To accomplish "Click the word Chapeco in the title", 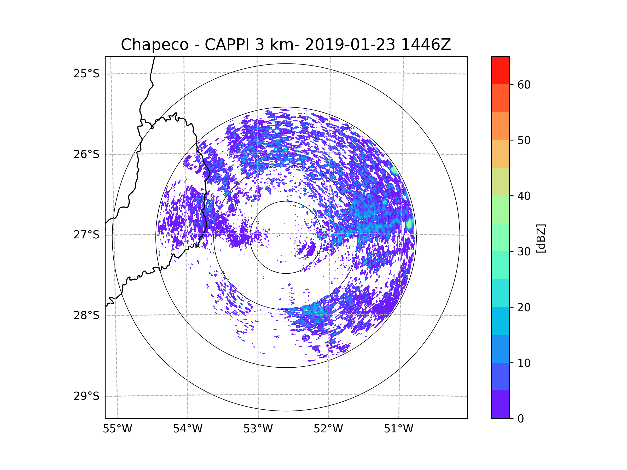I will pos(154,45).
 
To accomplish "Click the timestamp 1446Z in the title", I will pos(426,45).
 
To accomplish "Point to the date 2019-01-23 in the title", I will pos(350,45).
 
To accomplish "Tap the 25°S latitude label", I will pos(86,74).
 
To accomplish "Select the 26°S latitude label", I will pos(86,154).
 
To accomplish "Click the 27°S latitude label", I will pos(86,235).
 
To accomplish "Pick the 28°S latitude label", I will pos(86,315).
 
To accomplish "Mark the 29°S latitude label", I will pos(86,396).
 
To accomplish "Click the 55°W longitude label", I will pos(117,429).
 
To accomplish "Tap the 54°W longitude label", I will pos(188,429).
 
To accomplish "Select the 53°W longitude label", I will pos(258,429).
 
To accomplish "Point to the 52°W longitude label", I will pos(328,429).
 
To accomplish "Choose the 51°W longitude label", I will pos(398,429).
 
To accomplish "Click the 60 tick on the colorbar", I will pos(524,85).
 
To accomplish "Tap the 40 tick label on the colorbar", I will pos(524,196).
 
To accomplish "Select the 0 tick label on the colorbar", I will pos(521,419).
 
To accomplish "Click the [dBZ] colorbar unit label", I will pos(541,238).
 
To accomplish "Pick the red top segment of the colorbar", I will pos(500,70).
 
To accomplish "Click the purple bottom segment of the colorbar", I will pos(500,404).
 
